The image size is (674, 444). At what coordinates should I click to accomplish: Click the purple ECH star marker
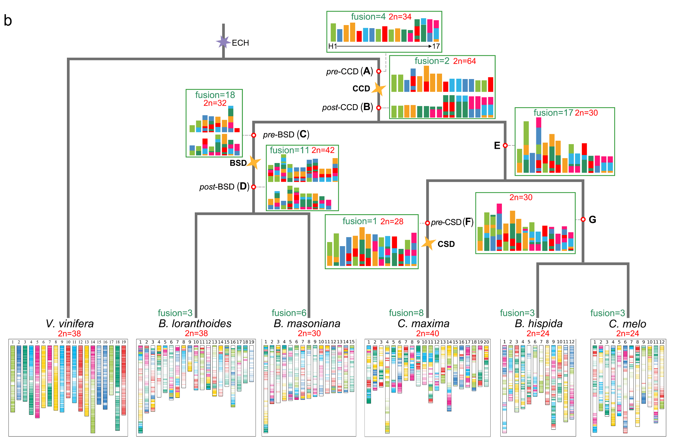pyautogui.click(x=223, y=42)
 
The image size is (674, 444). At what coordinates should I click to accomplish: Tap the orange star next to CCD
pyautogui.click(x=379, y=89)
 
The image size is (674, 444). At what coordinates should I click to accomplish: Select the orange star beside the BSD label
pyautogui.click(x=254, y=162)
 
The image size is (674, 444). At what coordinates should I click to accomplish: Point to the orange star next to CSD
pyautogui.click(x=429, y=243)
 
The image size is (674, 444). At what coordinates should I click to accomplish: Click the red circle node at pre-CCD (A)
pyautogui.click(x=379, y=71)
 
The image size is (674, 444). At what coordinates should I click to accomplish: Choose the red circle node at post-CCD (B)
pyautogui.click(x=379, y=108)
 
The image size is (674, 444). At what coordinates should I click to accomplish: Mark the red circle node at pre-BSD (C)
pyautogui.click(x=254, y=135)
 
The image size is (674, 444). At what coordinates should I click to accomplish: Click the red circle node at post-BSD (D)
pyautogui.click(x=254, y=187)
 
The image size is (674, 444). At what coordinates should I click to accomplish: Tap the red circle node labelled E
pyautogui.click(x=505, y=145)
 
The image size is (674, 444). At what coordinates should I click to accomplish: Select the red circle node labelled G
pyautogui.click(x=583, y=220)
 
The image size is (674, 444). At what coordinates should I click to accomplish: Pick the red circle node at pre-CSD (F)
pyautogui.click(x=427, y=223)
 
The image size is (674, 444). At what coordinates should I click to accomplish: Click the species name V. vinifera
pyautogui.click(x=69, y=324)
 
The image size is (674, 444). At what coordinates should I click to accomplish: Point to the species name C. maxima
pyautogui.click(x=423, y=324)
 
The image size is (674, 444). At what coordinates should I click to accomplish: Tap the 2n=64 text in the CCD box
pyautogui.click(x=464, y=61)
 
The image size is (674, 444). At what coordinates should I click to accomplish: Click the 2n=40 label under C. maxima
pyautogui.click(x=427, y=333)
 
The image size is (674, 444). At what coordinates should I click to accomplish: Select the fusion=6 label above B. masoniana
pyautogui.click(x=289, y=313)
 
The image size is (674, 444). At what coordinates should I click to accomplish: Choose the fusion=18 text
pyautogui.click(x=215, y=95)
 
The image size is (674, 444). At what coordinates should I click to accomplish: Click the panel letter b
pyautogui.click(x=8, y=20)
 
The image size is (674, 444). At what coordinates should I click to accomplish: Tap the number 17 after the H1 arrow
pyautogui.click(x=436, y=46)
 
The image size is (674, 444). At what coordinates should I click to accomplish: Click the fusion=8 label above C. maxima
pyautogui.click(x=406, y=313)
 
